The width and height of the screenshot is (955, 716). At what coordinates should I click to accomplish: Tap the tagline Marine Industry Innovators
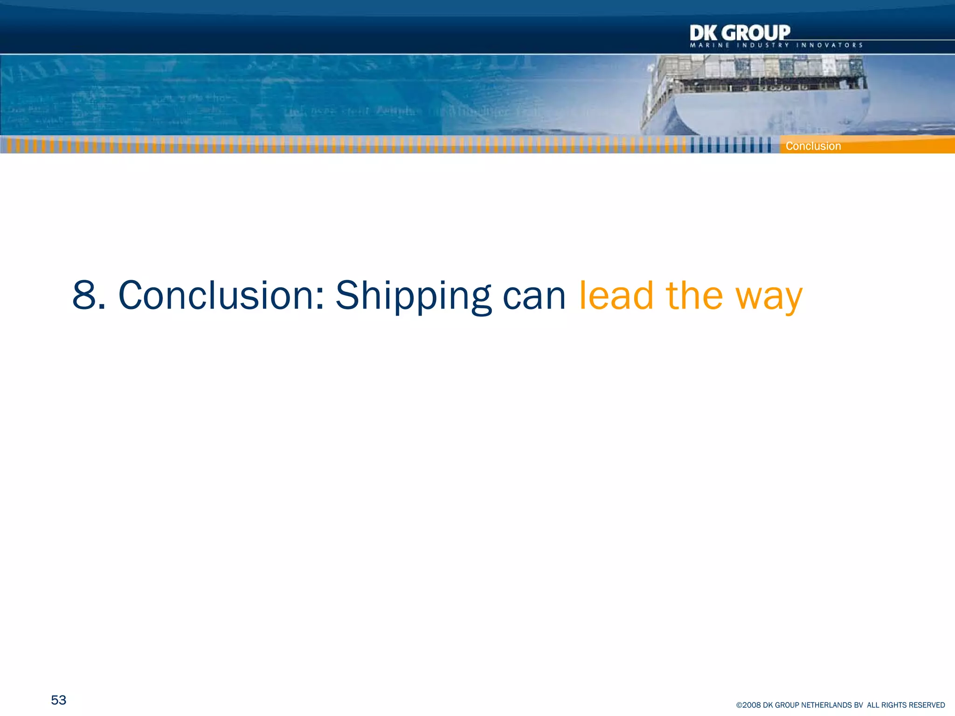776,45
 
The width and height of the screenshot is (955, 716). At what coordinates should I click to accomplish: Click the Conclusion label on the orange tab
813,146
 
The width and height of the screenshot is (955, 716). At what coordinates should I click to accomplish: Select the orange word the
694,295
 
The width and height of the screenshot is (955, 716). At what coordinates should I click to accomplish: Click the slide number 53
59,700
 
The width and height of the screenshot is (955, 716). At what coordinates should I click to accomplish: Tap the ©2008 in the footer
748,705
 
